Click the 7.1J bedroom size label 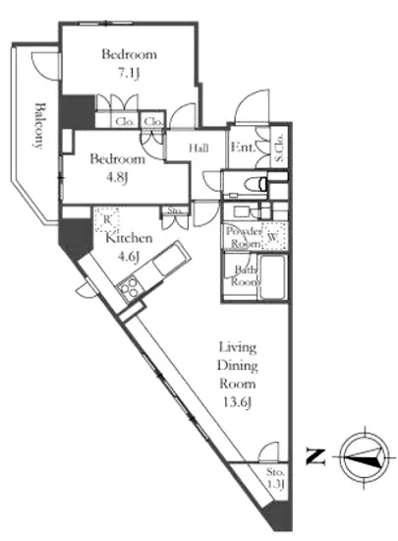click(x=129, y=73)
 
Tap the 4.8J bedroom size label click(x=117, y=178)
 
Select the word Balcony click(x=40, y=126)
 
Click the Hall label click(x=199, y=148)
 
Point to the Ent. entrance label click(x=244, y=148)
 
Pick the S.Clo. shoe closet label click(x=279, y=148)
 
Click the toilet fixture click(x=256, y=184)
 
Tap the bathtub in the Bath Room click(x=272, y=277)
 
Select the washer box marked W click(x=274, y=236)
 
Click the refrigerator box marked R click(x=107, y=219)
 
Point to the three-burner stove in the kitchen click(x=129, y=288)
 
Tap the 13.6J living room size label click(x=238, y=402)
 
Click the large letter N click(x=315, y=456)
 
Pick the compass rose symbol click(x=365, y=456)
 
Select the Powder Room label click(x=244, y=237)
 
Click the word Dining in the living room click(x=238, y=366)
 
